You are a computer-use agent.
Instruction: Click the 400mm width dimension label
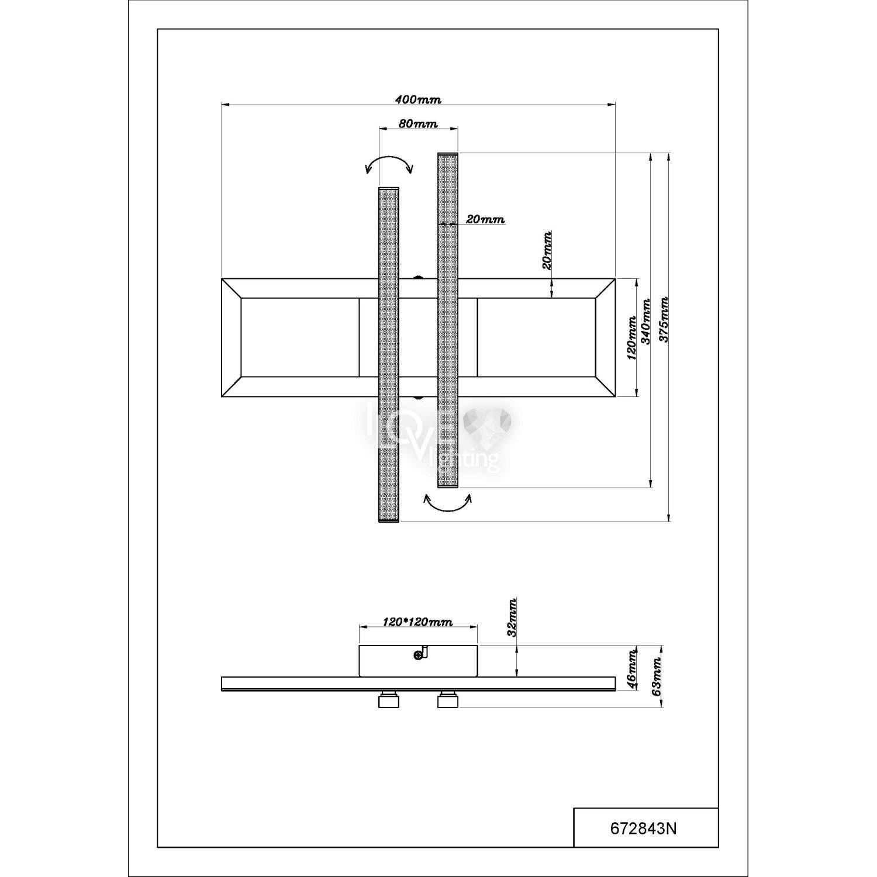[x=418, y=99]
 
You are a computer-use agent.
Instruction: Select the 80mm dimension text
[x=417, y=123]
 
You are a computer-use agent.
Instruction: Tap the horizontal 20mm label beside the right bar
[x=485, y=220]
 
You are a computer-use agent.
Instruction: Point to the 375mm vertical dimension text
[x=663, y=320]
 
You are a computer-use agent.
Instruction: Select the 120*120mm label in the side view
[x=418, y=622]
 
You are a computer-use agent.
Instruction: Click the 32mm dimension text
[x=512, y=617]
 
